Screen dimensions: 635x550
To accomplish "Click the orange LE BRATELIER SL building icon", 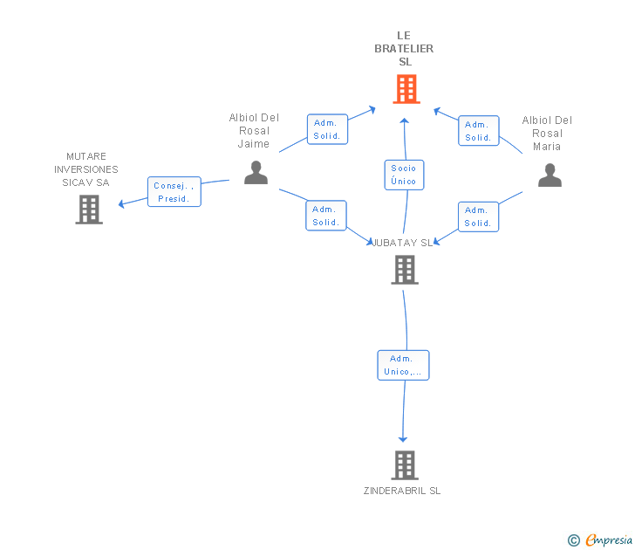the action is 406,89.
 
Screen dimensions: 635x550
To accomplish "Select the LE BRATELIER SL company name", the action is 404,49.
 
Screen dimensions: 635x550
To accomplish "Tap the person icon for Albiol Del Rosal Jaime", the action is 256,173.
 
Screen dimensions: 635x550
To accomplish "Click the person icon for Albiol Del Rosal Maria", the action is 550,175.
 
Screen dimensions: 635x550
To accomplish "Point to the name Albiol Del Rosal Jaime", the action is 254,130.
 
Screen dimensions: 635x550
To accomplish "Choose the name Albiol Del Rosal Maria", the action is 547,133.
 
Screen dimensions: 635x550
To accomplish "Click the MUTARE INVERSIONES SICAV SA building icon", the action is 89,210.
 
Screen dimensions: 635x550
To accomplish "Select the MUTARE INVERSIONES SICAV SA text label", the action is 86,169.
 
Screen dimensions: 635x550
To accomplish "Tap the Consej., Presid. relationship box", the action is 174,192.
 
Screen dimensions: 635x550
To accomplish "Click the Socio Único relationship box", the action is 404,175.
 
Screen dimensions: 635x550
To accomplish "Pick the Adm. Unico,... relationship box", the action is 403,365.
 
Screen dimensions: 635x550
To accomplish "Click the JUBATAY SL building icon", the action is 405,270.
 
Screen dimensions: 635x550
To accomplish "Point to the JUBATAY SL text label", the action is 403,243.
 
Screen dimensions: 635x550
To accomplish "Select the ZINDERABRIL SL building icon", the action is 405,465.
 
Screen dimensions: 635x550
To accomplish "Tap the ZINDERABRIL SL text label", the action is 402,491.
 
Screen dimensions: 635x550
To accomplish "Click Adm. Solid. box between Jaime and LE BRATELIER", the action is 327,129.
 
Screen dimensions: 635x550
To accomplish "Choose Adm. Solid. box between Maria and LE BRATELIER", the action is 478,130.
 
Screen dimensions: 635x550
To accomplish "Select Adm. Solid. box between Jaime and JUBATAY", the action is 326,216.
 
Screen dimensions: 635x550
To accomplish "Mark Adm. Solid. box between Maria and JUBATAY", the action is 478,217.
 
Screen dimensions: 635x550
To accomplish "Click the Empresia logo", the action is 600,540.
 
